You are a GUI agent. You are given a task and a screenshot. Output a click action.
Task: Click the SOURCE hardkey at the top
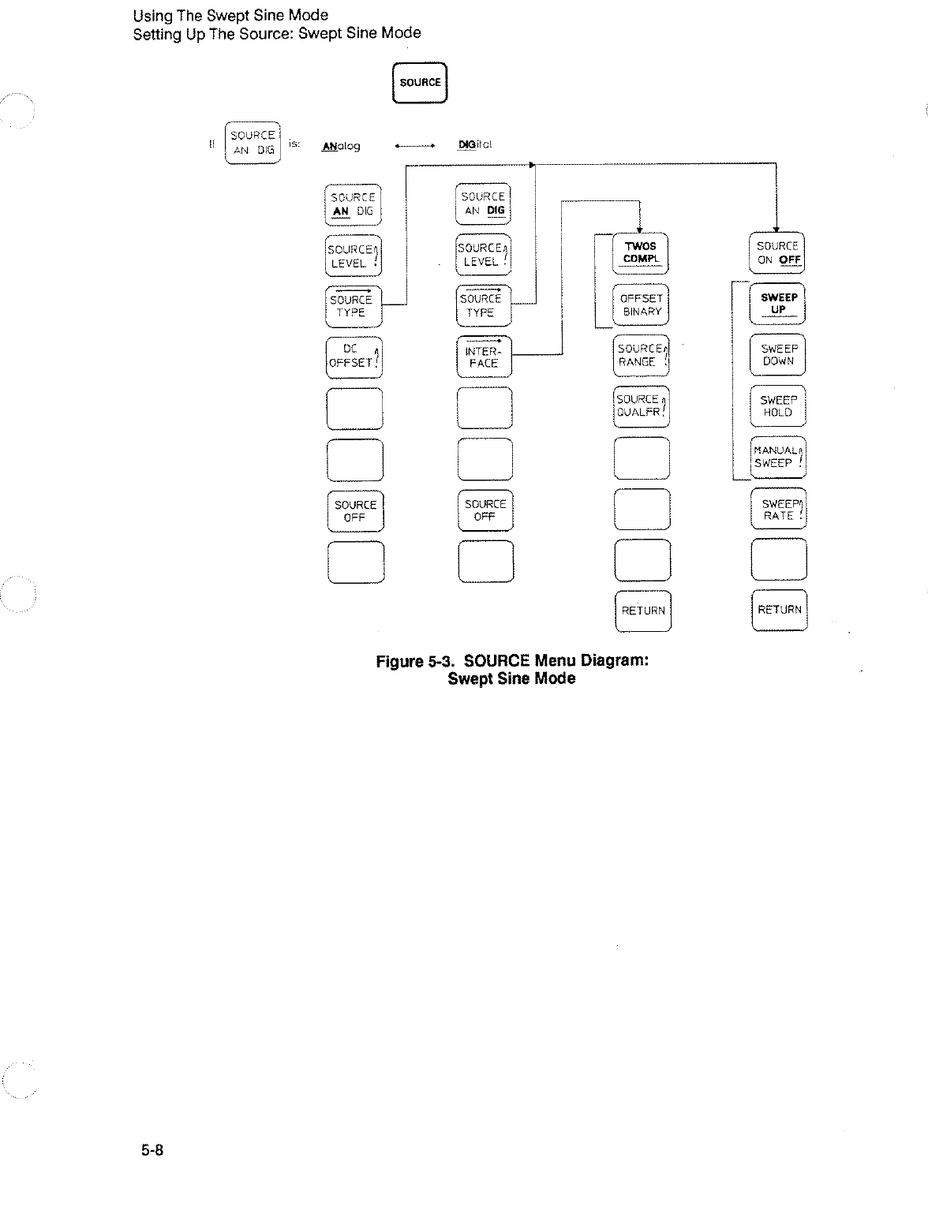(420, 82)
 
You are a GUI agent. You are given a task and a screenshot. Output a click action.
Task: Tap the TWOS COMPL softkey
(640, 252)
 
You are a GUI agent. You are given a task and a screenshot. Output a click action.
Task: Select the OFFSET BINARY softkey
(641, 304)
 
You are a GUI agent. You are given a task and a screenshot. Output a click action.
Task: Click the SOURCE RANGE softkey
(641, 356)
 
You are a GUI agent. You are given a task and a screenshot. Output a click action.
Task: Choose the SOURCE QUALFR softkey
(641, 405)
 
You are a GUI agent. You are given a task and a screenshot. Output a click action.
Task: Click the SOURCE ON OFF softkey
(778, 252)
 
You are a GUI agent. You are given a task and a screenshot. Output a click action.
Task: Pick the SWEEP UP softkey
(778, 304)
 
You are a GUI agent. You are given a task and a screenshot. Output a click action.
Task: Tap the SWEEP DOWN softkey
(778, 355)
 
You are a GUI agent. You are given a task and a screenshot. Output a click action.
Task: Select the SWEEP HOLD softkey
(778, 406)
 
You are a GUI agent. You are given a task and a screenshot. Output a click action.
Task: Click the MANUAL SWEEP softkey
(778, 458)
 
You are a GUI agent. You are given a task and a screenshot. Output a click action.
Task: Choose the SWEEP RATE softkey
(779, 510)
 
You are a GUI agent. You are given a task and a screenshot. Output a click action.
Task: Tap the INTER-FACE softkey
(484, 357)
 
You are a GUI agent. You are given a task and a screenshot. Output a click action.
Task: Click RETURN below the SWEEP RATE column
(779, 610)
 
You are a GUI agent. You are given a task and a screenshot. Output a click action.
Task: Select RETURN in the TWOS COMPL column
(642, 611)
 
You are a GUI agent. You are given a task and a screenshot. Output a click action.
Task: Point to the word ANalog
(342, 146)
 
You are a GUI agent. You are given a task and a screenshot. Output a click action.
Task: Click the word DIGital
(475, 145)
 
